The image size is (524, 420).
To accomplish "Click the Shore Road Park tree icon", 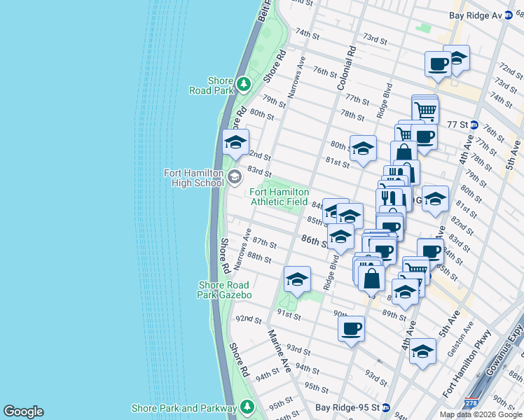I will pos(243,85).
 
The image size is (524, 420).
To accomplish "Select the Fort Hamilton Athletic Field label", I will pos(280,197).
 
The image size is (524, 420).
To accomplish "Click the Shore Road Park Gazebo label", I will pos(225,290).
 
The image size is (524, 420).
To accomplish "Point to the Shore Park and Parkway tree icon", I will pos(247,407).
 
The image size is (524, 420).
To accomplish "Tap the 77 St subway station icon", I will pos(474,125).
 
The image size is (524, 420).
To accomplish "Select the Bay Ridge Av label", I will pos(476,15).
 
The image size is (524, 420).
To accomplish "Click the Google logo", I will pos(23,412).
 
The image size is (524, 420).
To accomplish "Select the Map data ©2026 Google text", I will pos(480,414).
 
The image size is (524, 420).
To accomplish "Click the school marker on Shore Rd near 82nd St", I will pos(236,143).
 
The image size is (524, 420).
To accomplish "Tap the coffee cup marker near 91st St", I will pos(351,328).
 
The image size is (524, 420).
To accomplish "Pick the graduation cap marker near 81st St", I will pos(363,148).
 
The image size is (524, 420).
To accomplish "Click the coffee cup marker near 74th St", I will pos(438,64).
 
